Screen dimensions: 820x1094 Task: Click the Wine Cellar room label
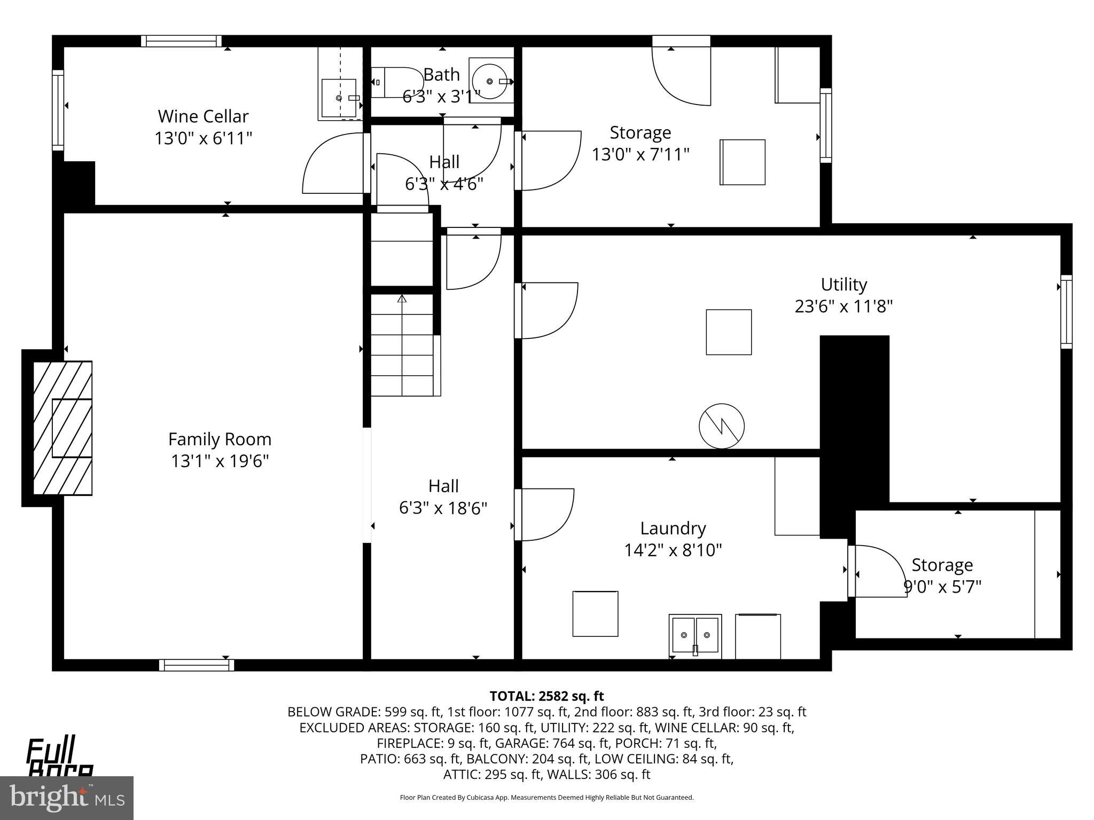[x=203, y=116]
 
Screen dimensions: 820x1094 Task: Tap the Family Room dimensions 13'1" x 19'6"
[x=220, y=461]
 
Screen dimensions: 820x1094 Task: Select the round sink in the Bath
[x=490, y=81]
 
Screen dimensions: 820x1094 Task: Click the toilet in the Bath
[x=396, y=82]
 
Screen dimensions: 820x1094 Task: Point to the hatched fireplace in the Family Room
[x=62, y=428]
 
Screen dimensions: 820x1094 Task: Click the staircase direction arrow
[x=402, y=299]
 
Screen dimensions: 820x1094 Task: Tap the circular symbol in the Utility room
[x=722, y=426]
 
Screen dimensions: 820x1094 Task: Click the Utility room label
[x=843, y=285]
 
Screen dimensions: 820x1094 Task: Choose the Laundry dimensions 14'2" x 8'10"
[x=673, y=550]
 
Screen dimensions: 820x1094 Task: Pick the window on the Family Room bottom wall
[x=197, y=665]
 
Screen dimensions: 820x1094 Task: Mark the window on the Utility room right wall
[x=1066, y=312]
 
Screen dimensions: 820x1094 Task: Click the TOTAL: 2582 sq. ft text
[x=546, y=696]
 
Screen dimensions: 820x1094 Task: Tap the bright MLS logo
[x=66, y=798]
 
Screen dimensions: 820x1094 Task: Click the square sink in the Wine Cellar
[x=339, y=98]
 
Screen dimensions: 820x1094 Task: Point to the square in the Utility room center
[x=729, y=332]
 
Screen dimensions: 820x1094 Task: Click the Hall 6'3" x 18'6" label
[x=443, y=497]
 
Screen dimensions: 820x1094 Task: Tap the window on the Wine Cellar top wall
[x=182, y=41]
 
